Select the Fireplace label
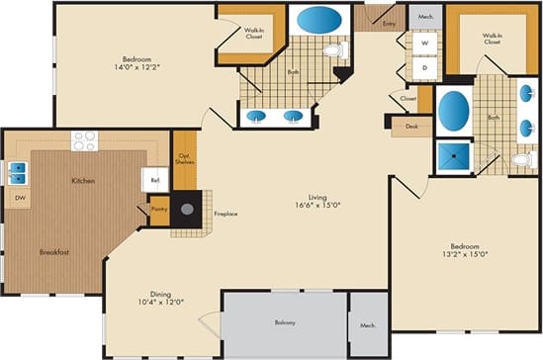point(226,214)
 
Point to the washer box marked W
point(424,45)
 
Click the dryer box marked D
point(424,68)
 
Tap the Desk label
point(411,127)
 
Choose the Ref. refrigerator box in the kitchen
point(156,180)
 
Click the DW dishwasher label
point(20,199)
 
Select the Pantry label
point(158,209)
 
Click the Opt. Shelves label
point(185,160)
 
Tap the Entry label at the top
point(388,22)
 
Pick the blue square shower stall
point(454,158)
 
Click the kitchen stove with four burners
point(83,139)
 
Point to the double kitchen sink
point(18,174)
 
